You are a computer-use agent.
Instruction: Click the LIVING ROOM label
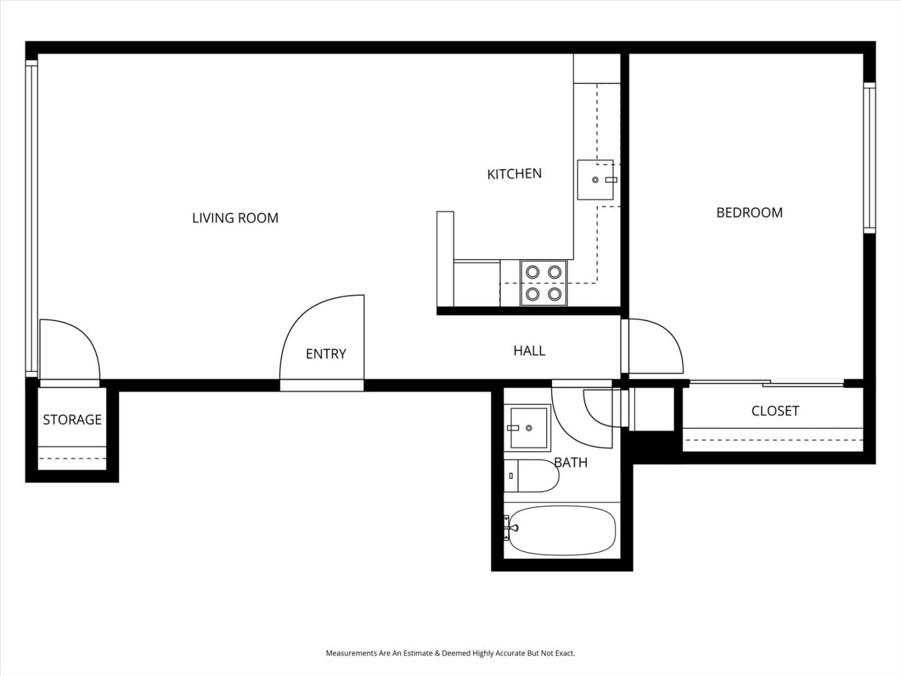coord(235,218)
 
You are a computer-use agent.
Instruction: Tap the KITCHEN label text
coord(514,174)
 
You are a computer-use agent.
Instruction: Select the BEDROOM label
coord(750,213)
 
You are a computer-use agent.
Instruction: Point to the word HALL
coord(529,351)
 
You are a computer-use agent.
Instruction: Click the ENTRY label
coord(326,354)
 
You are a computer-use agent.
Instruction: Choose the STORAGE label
coord(72,419)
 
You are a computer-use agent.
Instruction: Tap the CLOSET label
coord(775,411)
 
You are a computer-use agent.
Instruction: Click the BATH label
coord(571,463)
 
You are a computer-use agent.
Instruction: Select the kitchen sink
coord(595,180)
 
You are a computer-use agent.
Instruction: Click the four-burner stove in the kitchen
coord(544,283)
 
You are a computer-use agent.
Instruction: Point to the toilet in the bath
coord(532,476)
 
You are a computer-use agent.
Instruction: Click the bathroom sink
coord(527,428)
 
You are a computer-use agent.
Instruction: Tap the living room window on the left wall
coord(32,219)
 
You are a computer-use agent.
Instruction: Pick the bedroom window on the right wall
coord(869,158)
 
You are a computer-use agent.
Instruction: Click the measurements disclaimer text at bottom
coord(450,653)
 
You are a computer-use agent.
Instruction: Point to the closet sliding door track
coord(766,384)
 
